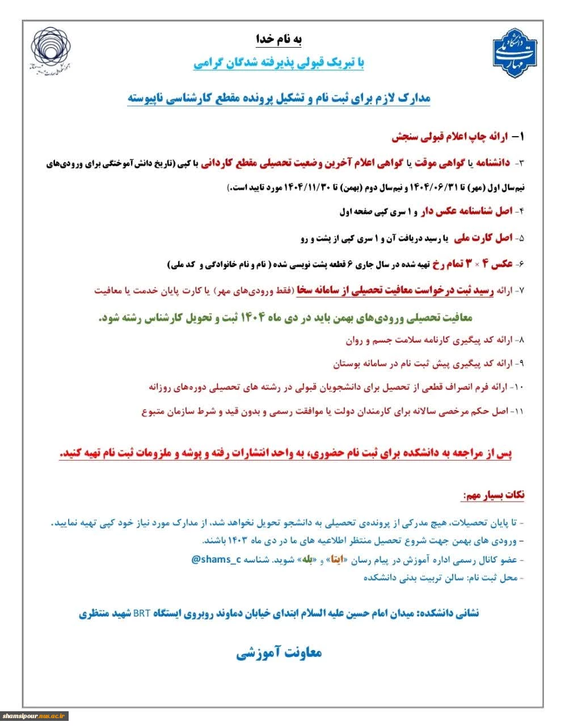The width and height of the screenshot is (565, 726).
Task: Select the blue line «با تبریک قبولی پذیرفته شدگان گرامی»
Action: [279, 62]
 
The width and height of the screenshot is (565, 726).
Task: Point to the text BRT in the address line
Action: [141, 613]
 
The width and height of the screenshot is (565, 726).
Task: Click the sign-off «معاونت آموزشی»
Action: [279, 653]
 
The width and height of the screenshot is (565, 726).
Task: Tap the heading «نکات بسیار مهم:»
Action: [493, 495]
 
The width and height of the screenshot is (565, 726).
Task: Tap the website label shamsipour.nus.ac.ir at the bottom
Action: [35, 716]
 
